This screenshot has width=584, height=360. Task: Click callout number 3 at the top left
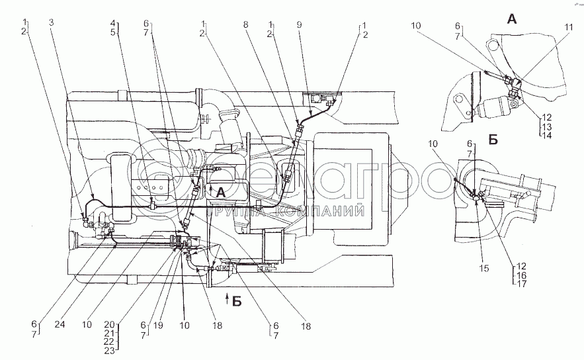pos(51,22)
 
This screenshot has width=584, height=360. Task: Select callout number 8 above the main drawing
pos(245,25)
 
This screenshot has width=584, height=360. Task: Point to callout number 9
pos(299,25)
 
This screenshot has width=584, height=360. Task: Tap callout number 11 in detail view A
pos(568,27)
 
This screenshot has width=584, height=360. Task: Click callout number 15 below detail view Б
pos(484,268)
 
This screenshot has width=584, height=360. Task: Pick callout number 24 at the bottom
pos(60,325)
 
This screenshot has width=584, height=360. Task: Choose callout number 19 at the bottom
pos(158,326)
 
